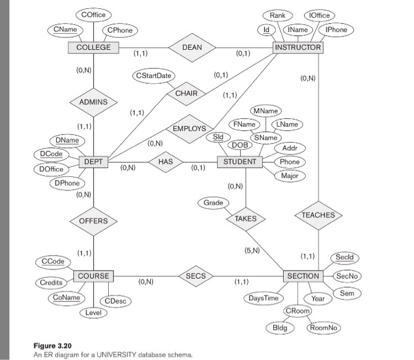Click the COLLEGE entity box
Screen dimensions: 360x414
coord(93,47)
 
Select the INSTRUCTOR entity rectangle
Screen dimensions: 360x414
coord(298,47)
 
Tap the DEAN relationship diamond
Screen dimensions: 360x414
coord(192,47)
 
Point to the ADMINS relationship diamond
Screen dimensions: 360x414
coord(93,102)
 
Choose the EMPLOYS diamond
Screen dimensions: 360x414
coord(189,128)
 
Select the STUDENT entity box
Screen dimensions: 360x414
coord(240,162)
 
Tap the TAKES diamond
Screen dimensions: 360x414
coord(245,218)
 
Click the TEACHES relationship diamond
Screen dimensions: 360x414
coord(318,215)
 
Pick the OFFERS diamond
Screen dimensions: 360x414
coord(93,221)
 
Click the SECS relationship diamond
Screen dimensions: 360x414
coord(196,276)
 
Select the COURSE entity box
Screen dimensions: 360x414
coord(93,276)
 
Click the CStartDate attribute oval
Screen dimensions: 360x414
coord(154,76)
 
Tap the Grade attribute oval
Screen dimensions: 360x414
coord(214,202)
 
